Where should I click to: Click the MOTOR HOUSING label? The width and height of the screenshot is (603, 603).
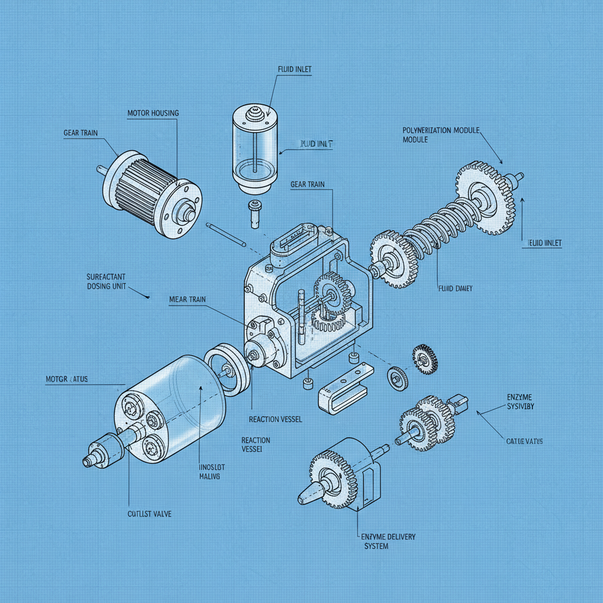tap(153, 112)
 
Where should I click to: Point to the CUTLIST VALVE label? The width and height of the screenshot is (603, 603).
tap(150, 513)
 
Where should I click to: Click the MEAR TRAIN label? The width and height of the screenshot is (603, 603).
tap(187, 300)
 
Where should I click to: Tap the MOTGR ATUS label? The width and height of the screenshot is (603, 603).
tap(67, 379)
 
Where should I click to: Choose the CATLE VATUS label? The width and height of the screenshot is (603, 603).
tap(524, 441)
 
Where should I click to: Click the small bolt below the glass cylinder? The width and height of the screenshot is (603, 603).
tap(254, 213)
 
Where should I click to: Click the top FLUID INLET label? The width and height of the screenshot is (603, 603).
tap(294, 69)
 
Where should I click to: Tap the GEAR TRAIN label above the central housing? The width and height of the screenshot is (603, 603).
tap(307, 184)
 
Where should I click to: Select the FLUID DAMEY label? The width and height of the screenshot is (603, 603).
tap(456, 289)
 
